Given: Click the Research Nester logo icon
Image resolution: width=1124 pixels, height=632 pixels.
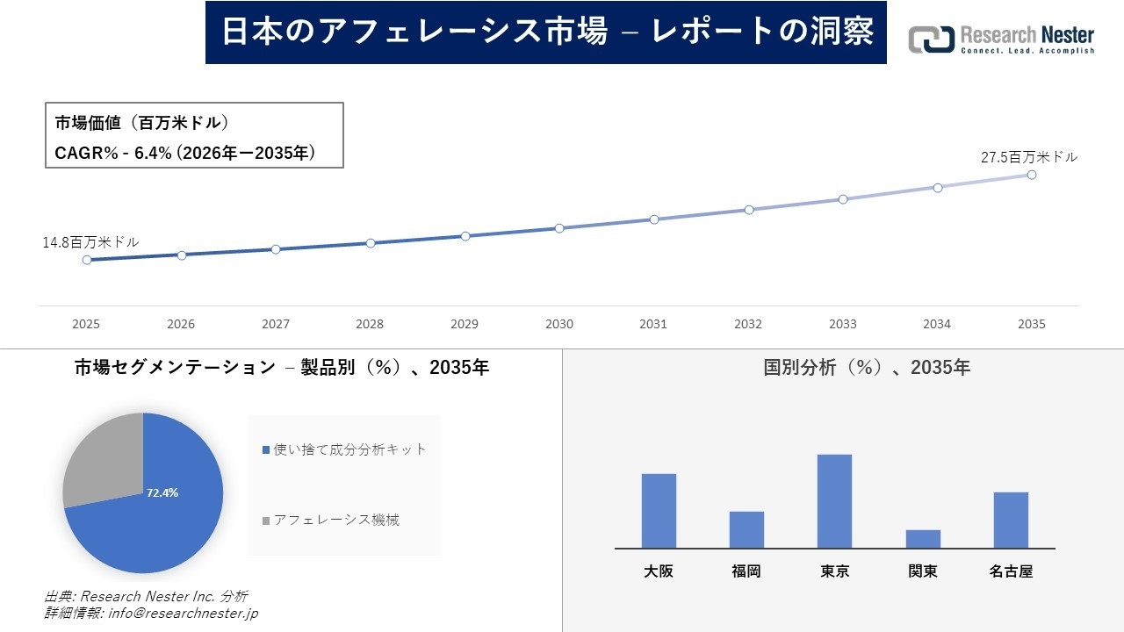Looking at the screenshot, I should [931, 39].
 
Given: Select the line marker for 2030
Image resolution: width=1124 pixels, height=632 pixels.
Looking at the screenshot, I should [559, 228].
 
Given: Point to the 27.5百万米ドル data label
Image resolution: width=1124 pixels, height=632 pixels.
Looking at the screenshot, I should [1028, 157].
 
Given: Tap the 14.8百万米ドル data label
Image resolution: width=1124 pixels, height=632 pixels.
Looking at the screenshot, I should [90, 241].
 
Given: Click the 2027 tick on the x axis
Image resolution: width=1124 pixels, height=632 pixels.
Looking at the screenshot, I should [276, 324].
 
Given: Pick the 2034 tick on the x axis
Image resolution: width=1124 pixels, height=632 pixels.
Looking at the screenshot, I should [937, 324].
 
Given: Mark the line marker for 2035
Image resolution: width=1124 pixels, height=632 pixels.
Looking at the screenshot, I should [1032, 175].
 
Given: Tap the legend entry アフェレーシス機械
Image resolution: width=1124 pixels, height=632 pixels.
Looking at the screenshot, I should [335, 520].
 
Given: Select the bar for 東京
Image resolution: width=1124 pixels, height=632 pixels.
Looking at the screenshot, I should [834, 501].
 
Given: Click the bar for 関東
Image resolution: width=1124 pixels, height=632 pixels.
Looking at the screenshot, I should [923, 539].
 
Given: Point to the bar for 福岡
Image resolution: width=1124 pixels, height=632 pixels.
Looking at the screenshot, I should [746, 529].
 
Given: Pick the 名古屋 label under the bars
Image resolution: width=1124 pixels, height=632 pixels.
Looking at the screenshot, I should [1011, 571].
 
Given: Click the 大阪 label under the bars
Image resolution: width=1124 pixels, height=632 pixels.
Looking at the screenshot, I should [659, 571].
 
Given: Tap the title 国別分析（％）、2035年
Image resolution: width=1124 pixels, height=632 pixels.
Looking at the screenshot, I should [867, 368].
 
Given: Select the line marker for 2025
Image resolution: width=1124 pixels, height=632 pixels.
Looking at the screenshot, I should [87, 260].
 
